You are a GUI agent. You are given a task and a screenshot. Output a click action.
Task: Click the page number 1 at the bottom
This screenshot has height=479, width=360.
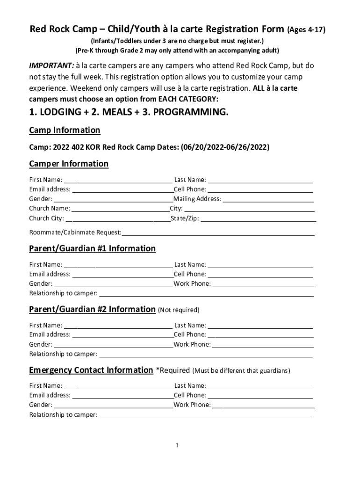(x=178, y=446)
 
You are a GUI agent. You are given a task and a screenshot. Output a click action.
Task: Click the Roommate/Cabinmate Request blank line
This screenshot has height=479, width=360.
(x=218, y=233)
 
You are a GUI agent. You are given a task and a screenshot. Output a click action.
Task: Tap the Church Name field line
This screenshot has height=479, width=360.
(x=120, y=209)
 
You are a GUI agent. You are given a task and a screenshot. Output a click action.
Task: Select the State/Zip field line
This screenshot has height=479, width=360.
(x=258, y=219)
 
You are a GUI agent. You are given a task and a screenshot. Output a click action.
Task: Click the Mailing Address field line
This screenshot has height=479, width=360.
(x=268, y=200)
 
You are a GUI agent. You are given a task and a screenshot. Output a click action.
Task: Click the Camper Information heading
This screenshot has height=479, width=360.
(x=69, y=164)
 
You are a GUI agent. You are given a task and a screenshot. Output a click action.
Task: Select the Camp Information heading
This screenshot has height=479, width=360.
(x=65, y=130)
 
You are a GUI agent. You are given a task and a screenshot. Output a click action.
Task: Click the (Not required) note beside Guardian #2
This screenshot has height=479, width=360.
(x=179, y=310)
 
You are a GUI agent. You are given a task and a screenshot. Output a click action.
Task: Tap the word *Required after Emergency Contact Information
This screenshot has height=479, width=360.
(x=172, y=370)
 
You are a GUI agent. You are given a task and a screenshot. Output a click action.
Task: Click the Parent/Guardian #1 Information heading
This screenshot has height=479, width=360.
(x=93, y=248)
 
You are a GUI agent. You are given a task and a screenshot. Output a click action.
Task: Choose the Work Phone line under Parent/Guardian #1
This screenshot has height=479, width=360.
(x=264, y=284)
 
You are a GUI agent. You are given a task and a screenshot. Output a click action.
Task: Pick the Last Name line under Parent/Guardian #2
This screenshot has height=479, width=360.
(x=260, y=326)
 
